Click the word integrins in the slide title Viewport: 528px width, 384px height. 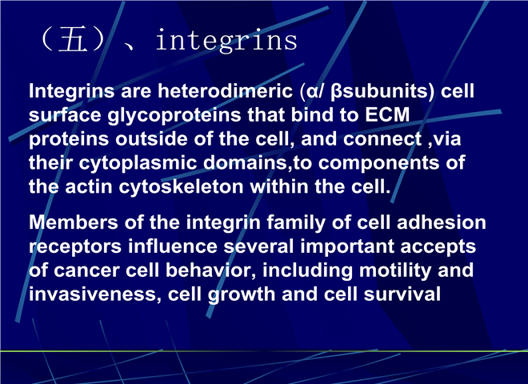point(226,41)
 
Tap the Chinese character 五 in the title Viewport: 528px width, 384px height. point(73,40)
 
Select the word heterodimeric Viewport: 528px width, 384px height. point(226,91)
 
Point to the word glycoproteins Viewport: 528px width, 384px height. point(174,115)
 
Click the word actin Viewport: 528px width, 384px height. point(88,187)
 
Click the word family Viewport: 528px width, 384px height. point(296,223)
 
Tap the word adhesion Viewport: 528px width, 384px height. point(441,222)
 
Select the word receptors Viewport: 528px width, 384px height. point(74,247)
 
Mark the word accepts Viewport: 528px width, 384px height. point(438,247)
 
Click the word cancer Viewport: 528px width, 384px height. point(86,271)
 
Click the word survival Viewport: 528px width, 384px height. point(402,294)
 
